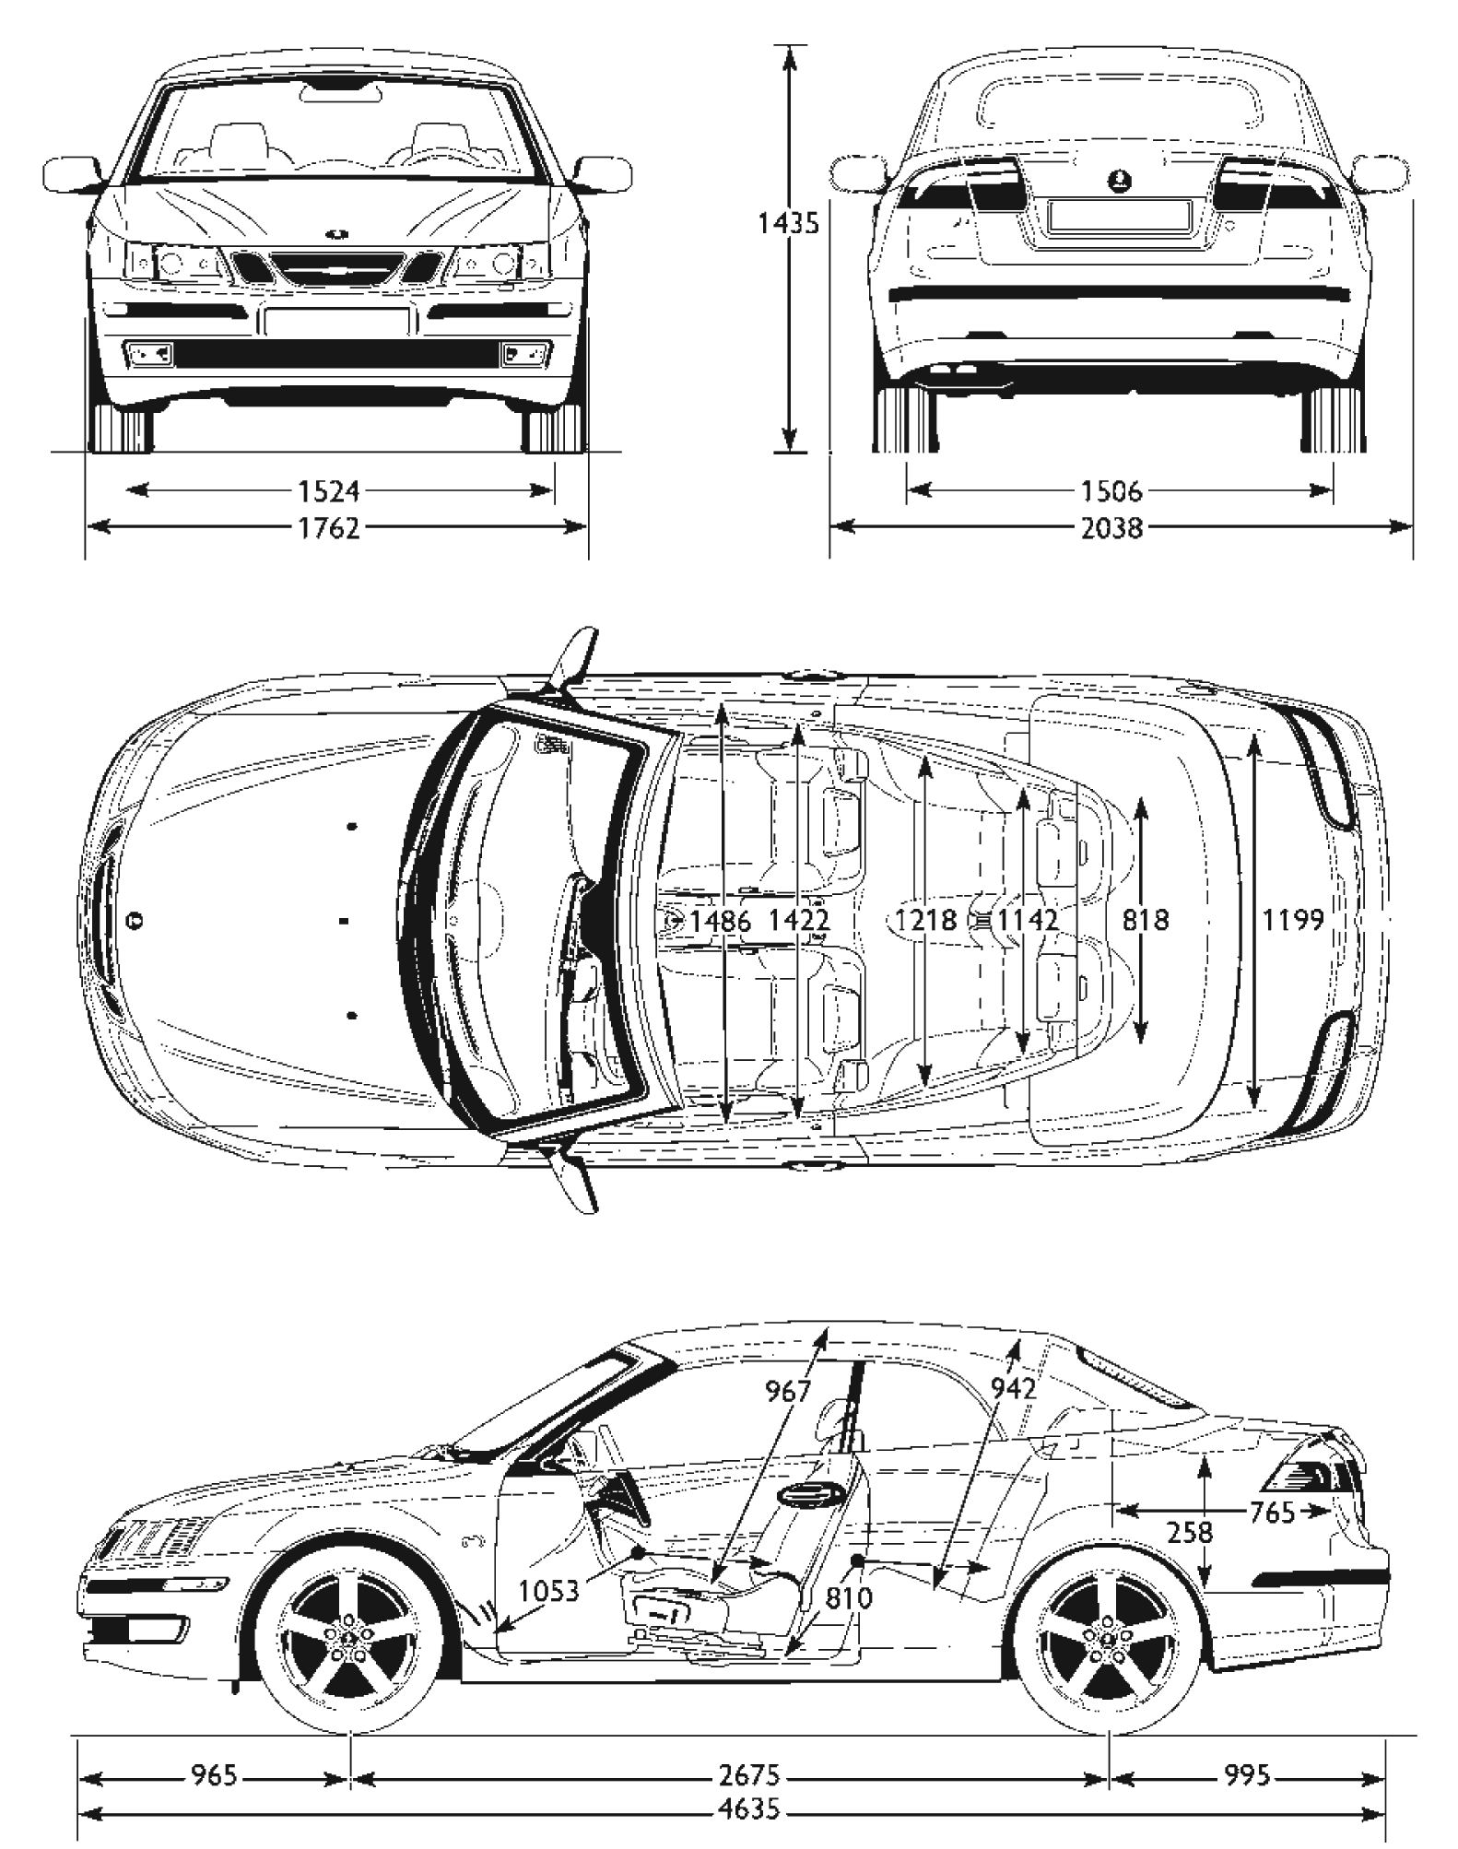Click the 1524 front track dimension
(330, 491)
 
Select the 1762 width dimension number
(330, 528)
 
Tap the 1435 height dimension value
(788, 223)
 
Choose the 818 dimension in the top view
(1146, 919)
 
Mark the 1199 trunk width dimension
(1294, 919)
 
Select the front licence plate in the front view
(336, 322)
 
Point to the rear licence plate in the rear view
(1118, 215)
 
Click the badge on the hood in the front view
(337, 234)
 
